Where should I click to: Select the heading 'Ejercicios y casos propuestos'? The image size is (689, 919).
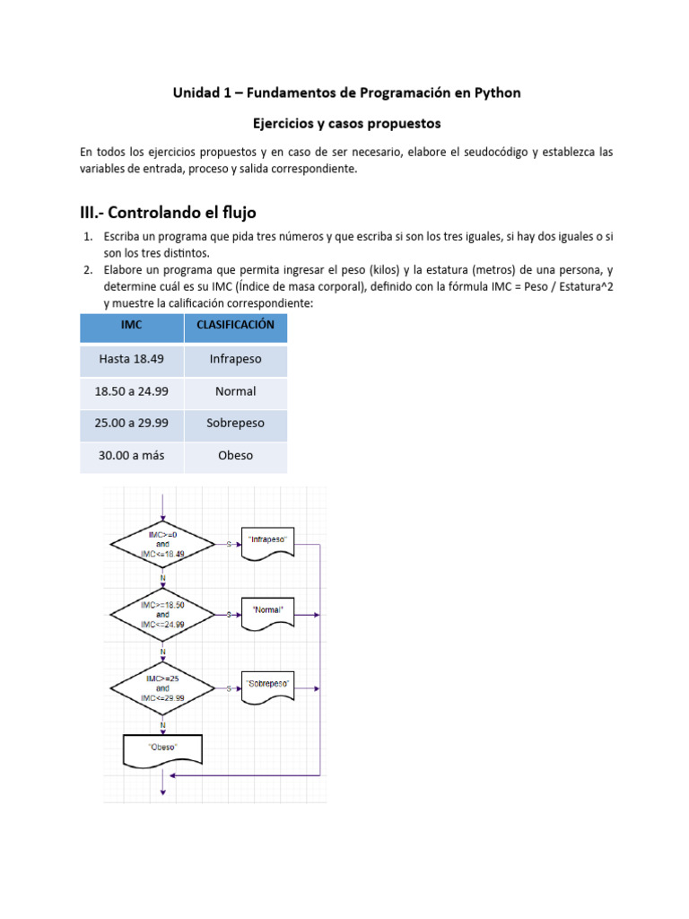[345, 122]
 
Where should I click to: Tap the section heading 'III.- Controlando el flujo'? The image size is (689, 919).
[168, 213]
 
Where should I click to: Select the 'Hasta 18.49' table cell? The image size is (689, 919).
[132, 359]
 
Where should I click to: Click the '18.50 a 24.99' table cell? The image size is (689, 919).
[132, 391]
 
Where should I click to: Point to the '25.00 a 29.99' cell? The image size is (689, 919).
[132, 424]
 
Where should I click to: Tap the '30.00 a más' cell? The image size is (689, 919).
[132, 455]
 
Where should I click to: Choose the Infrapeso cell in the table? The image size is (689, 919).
[235, 359]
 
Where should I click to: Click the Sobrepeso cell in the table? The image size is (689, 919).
[235, 424]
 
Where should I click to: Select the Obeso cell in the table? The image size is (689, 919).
[235, 455]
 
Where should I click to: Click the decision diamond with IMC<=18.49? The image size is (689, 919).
[162, 544]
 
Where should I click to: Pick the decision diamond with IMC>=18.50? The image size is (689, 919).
[162, 615]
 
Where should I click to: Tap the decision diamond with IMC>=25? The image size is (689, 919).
[162, 688]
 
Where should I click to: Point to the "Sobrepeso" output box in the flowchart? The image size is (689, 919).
[268, 687]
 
